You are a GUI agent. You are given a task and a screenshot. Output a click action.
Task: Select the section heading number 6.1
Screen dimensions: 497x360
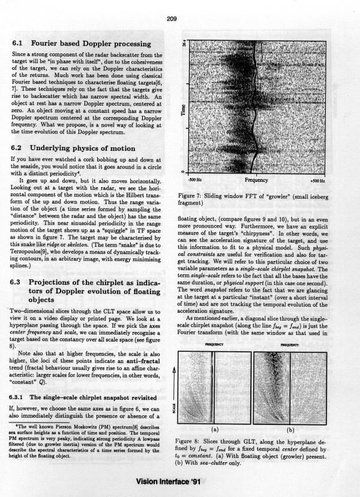[x=19, y=43]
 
